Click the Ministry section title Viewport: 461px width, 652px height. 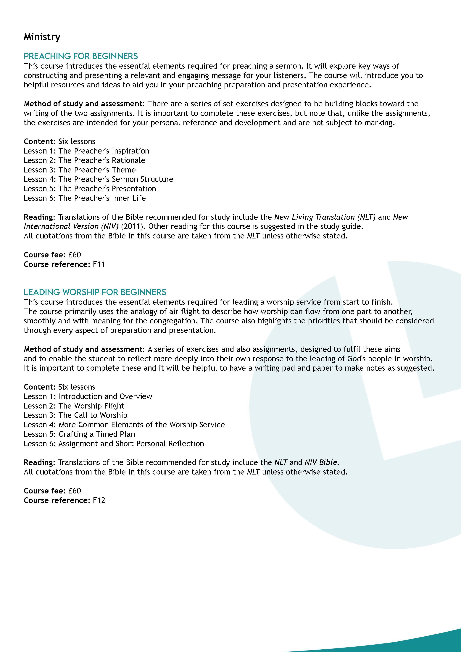click(42, 37)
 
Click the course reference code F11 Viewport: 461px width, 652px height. click(99, 264)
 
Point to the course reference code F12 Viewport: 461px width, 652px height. click(99, 500)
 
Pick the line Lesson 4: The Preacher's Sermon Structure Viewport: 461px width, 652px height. click(98, 179)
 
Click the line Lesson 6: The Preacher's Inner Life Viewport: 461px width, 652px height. click(85, 198)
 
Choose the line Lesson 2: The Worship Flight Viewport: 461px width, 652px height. click(74, 406)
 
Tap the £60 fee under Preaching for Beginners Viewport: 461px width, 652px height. click(75, 255)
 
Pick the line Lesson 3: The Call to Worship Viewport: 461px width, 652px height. click(75, 415)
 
